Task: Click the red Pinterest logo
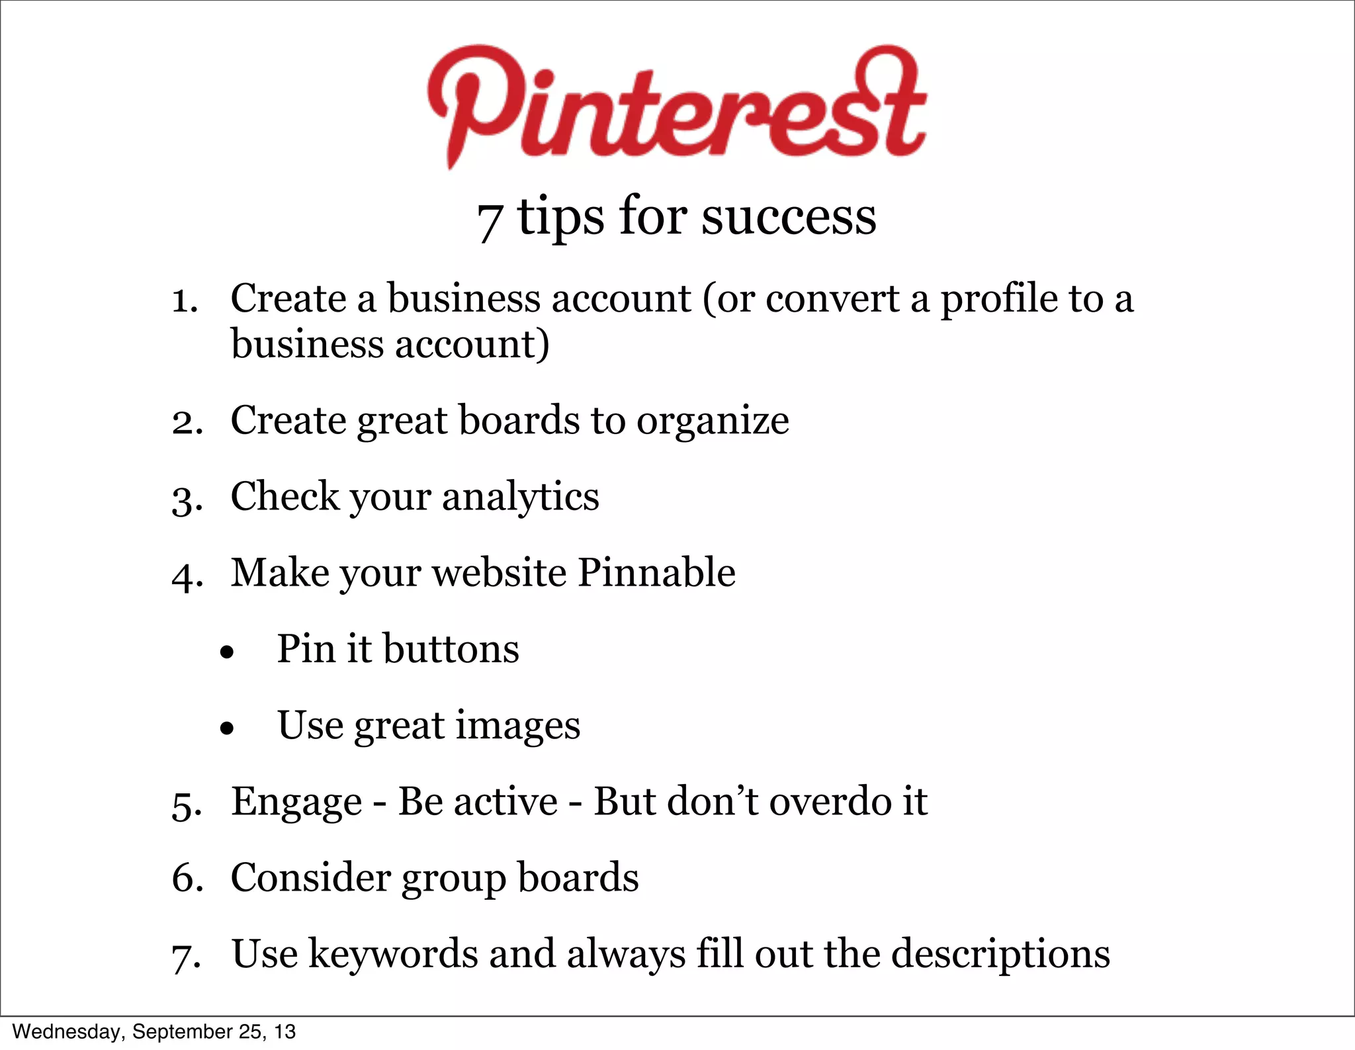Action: click(676, 106)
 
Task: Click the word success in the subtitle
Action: click(789, 218)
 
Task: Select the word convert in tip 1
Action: click(832, 299)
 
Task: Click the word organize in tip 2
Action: click(713, 421)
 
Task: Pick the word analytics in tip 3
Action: click(520, 498)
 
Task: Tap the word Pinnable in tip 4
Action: click(656, 572)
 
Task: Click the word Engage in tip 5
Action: click(296, 803)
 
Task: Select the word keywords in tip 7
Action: click(393, 955)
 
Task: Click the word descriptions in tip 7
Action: click(1000, 955)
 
